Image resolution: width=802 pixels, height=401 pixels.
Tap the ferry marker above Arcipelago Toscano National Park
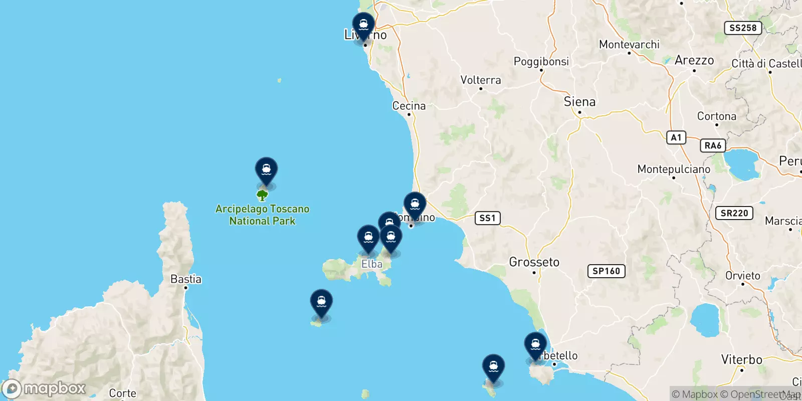tap(266, 170)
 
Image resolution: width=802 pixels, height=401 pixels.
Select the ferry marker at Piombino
tap(415, 205)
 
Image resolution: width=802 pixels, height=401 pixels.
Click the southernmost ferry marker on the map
tap(493, 367)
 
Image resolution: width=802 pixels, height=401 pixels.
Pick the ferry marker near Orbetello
tap(535, 345)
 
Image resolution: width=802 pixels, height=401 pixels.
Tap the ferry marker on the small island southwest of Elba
tap(321, 302)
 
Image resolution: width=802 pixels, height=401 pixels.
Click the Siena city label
tap(579, 102)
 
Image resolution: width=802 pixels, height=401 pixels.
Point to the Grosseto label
tap(534, 262)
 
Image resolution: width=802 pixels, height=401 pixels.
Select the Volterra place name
tap(480, 80)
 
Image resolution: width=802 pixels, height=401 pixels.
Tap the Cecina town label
tap(409, 106)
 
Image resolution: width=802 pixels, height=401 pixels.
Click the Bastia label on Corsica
tap(185, 279)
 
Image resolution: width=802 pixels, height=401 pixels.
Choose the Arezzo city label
tap(694, 61)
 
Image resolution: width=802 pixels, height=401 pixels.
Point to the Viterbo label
tap(741, 359)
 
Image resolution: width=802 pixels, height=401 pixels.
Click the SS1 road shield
tap(487, 218)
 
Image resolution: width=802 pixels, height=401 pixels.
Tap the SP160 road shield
tap(606, 271)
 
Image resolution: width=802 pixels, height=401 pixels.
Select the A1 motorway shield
tap(676, 137)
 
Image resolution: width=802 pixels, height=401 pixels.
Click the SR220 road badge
tap(734, 213)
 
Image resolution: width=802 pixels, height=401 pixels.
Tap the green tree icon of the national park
tap(262, 195)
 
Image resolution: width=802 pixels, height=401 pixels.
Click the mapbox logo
tap(44, 388)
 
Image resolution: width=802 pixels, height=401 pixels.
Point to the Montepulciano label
tap(674, 169)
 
